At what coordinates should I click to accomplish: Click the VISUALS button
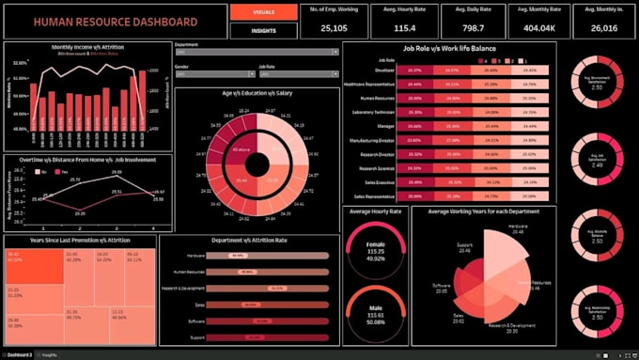(257, 12)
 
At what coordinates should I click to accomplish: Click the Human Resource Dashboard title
(117, 22)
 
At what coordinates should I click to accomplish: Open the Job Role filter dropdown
(298, 78)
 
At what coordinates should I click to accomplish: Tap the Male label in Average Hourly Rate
(376, 309)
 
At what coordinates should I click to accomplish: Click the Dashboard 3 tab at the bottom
(19, 355)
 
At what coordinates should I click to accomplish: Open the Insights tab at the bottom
(49, 355)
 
